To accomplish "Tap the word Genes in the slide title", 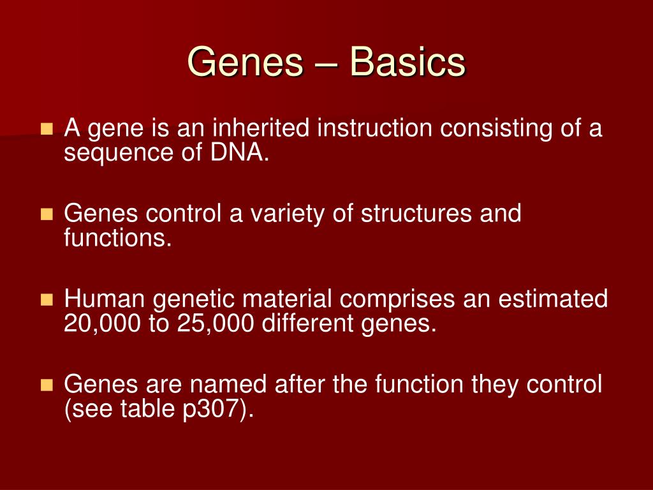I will coord(246,63).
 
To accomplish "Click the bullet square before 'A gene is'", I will coord(47,130).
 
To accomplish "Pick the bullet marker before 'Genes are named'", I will coord(47,385).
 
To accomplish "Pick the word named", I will coord(231,384).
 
